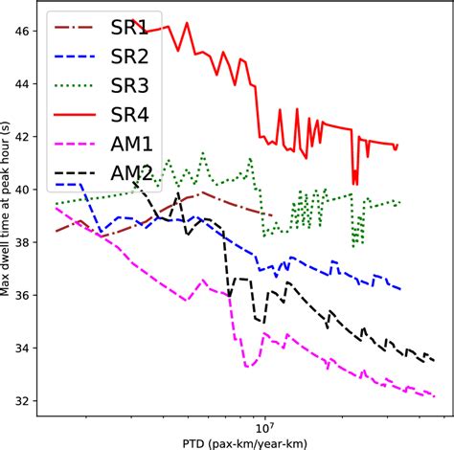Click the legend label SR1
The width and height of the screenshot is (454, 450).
coord(128,28)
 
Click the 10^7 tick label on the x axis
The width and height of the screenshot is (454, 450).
coord(264,423)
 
